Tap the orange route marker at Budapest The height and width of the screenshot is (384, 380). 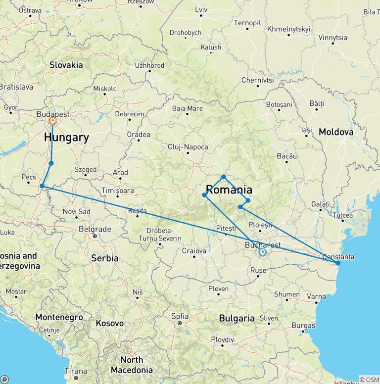(x=52, y=120)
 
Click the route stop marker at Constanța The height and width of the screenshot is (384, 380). (x=338, y=263)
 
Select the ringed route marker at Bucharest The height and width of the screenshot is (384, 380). (x=263, y=252)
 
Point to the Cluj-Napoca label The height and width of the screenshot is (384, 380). (x=188, y=147)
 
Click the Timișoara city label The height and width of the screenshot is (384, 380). (x=117, y=191)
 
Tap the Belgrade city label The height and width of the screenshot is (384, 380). (x=95, y=229)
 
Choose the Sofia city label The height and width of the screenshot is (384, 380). (x=180, y=316)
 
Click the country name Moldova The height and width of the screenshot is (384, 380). (x=336, y=132)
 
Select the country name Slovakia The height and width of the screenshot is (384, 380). (x=66, y=65)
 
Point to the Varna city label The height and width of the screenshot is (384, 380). (x=317, y=296)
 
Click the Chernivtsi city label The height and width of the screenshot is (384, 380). (x=257, y=80)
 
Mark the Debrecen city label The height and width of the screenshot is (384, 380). (x=129, y=114)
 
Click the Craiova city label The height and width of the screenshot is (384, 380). (x=194, y=251)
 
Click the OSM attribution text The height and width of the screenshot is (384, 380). (x=369, y=380)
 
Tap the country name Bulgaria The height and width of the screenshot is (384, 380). (x=237, y=318)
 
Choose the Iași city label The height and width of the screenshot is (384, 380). (x=307, y=130)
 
